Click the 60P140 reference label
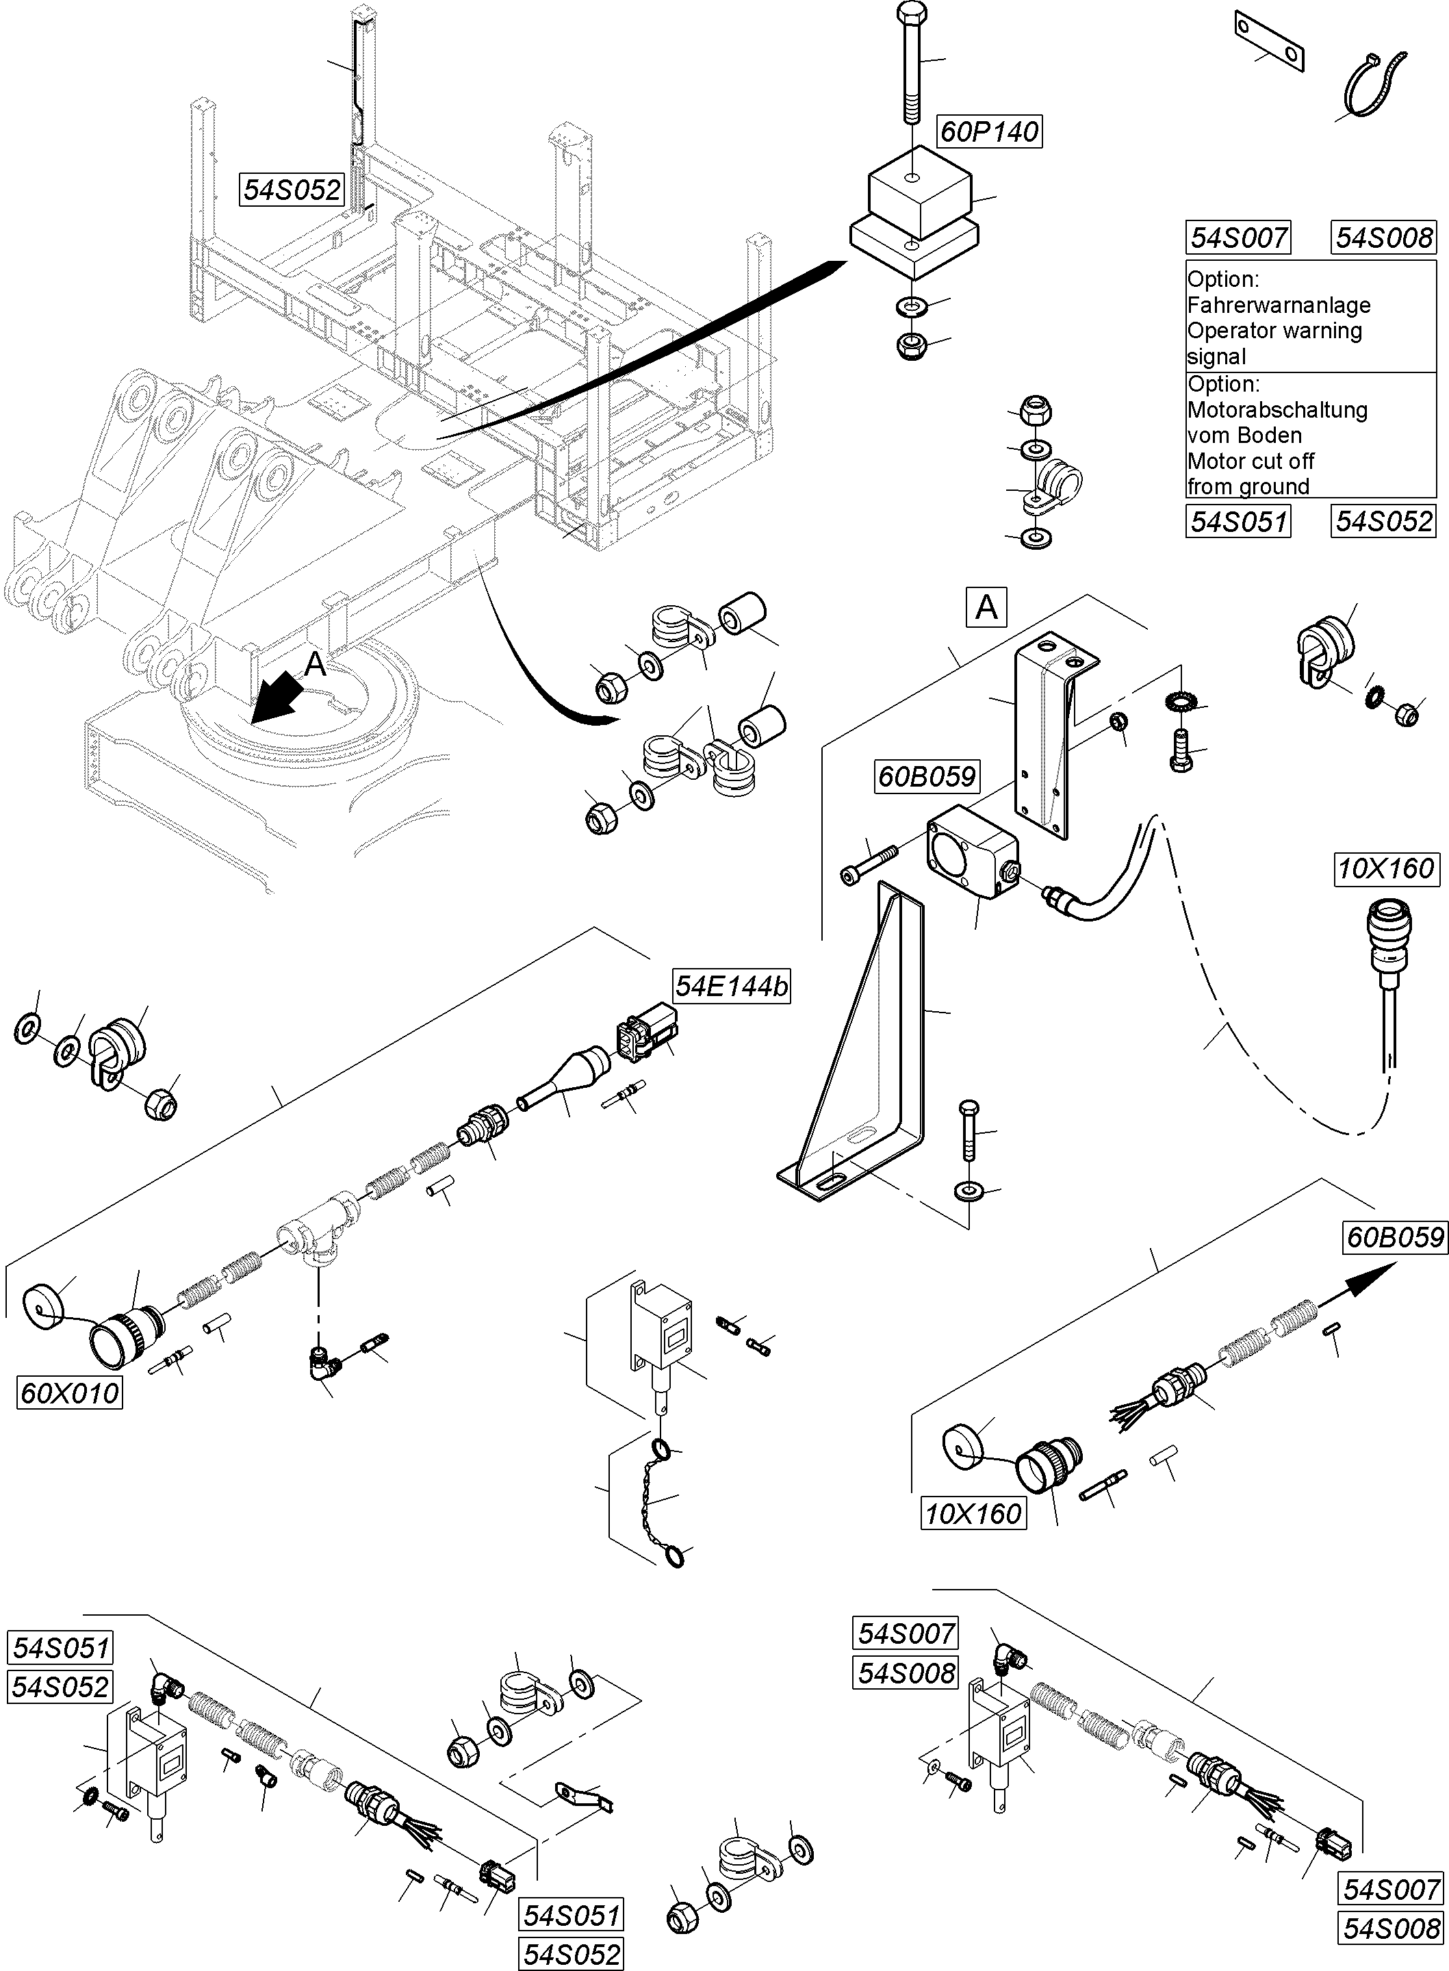[x=988, y=131]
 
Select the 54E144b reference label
[x=730, y=986]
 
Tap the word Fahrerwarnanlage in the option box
[x=1278, y=305]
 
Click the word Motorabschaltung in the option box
[x=1277, y=409]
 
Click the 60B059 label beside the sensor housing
[x=927, y=776]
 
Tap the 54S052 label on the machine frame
[x=291, y=190]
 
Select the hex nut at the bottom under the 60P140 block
[x=912, y=345]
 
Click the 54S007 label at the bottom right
[x=1391, y=1889]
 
